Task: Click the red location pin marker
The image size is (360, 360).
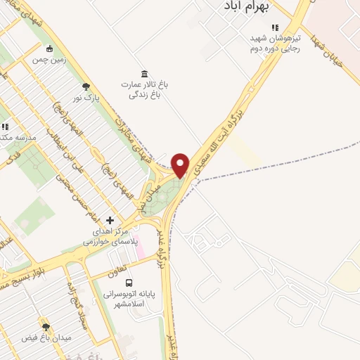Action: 180,165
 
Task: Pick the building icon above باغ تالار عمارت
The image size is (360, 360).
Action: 144,74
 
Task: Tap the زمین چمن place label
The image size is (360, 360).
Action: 49,60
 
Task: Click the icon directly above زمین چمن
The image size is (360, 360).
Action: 49,49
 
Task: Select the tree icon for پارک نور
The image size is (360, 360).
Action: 86,86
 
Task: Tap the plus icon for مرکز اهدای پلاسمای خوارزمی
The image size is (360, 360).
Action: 110,220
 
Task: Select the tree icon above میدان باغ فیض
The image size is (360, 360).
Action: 46,326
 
